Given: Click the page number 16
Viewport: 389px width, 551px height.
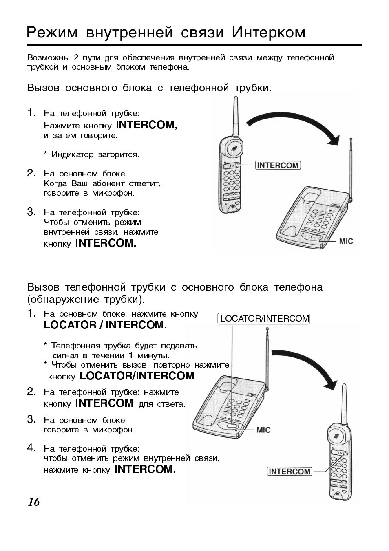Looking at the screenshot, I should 34,502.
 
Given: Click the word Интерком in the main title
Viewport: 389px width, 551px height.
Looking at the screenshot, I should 269,33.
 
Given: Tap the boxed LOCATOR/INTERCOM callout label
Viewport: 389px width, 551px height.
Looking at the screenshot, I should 264,319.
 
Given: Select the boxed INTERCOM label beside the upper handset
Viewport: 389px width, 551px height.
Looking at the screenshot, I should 278,165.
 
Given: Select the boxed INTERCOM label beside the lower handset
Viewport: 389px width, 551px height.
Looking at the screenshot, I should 290,472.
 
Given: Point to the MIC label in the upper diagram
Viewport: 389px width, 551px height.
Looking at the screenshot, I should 346,241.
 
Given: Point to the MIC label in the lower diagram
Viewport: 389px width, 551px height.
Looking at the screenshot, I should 263,430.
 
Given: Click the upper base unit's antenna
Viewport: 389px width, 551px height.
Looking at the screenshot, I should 351,167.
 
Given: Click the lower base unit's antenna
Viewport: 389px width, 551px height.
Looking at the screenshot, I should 267,359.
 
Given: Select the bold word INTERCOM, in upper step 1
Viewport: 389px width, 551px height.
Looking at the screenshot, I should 146,125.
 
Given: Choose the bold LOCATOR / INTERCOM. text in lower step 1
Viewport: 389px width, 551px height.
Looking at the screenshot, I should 105,325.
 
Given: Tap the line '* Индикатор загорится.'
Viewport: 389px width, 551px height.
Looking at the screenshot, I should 91,155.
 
